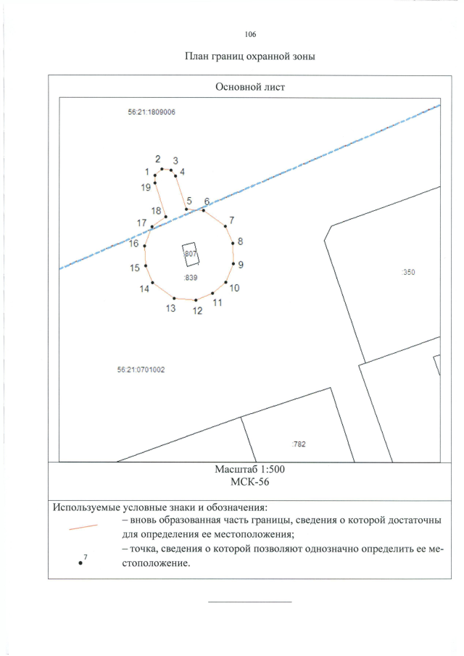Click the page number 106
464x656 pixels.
coord(251,34)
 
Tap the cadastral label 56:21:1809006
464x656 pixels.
coord(152,112)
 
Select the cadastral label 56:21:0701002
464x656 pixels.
coord(141,369)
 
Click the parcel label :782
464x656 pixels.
coord(298,444)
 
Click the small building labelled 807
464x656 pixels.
coord(191,254)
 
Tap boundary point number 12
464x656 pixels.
coord(196,299)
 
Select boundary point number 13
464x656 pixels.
coord(174,297)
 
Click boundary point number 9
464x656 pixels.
coord(233,264)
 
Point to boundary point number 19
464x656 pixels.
coord(155,183)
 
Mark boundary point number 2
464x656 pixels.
coord(162,169)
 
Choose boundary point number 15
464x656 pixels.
coord(146,265)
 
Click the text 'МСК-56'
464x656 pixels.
coord(250,482)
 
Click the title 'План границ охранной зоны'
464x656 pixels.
coord(250,57)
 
